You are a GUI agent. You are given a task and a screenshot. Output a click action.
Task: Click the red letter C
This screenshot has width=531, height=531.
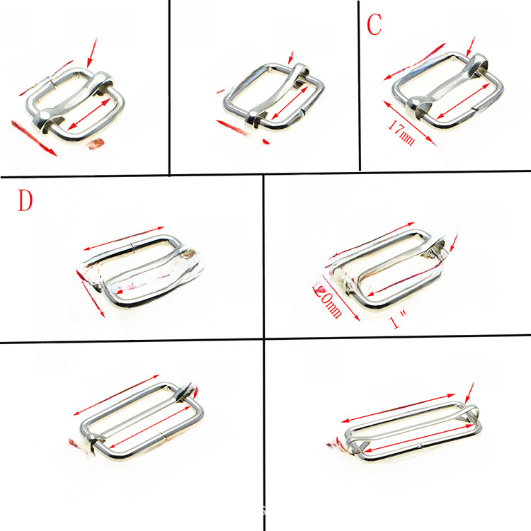374,25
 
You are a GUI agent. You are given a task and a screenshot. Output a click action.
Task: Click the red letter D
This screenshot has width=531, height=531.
25,201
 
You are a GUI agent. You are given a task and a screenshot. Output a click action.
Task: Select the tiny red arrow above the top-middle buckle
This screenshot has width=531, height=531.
291,56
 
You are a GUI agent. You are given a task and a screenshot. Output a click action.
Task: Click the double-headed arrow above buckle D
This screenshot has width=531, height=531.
124,239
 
